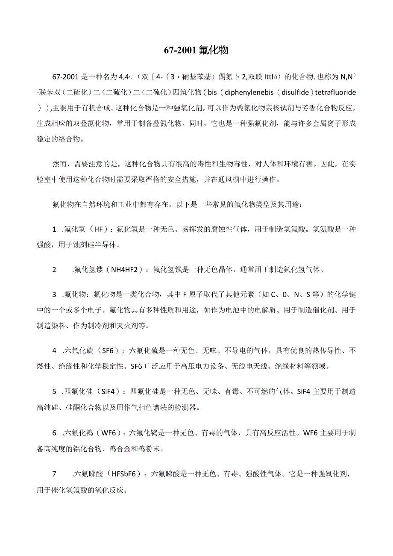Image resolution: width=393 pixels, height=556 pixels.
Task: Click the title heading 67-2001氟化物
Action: click(196, 50)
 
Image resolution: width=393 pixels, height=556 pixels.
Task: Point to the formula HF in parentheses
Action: click(99, 229)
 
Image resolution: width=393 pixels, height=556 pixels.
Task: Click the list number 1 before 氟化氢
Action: click(55, 229)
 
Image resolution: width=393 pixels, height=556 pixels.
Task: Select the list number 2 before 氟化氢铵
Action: click(55, 270)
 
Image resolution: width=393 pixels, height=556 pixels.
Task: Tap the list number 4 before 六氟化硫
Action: click(55, 351)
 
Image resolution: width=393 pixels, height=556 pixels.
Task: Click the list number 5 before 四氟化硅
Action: click(55, 392)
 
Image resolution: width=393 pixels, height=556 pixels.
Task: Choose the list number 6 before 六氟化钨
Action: click(55, 433)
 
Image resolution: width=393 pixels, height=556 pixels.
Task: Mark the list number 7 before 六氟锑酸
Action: click(55, 474)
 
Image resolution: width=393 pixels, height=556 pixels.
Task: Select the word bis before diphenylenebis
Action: click(214, 92)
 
